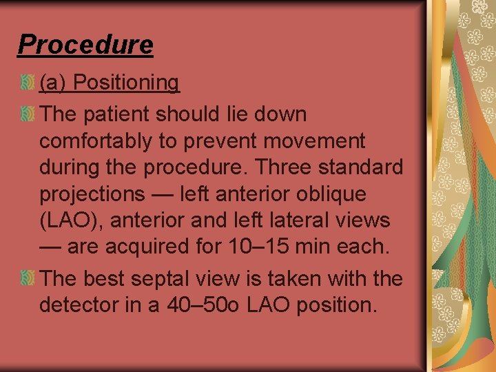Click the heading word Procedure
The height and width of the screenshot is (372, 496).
pos(85,44)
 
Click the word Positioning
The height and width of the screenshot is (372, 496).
pos(126,83)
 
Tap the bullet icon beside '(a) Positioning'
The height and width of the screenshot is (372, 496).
pos(27,83)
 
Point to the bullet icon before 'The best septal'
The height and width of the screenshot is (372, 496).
pos(27,278)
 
